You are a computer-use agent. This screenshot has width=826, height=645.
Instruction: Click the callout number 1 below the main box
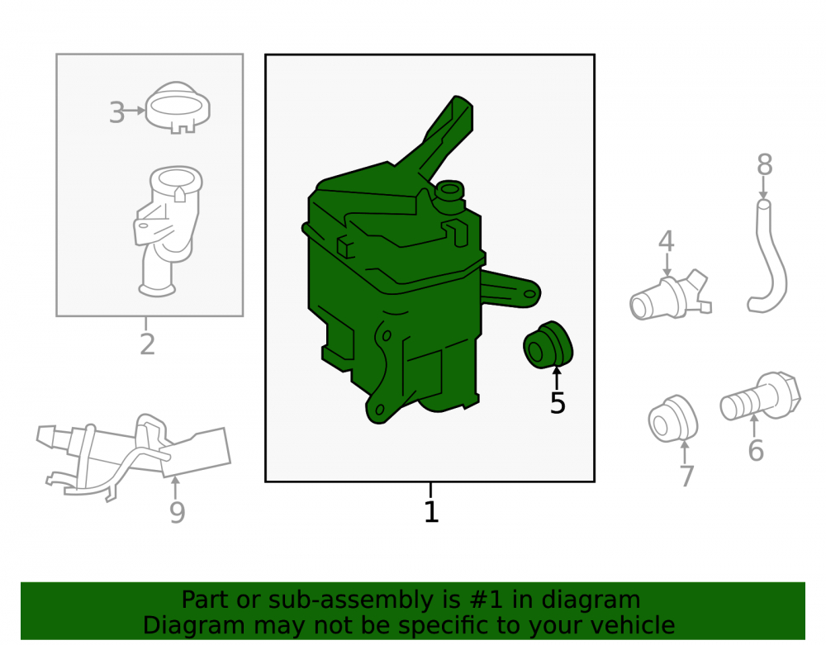pos(431,512)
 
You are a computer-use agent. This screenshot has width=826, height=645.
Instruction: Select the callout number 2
pos(148,344)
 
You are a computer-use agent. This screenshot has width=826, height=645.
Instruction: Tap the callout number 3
pos(116,112)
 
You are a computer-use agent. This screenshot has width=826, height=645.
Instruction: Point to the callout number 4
pos(667,240)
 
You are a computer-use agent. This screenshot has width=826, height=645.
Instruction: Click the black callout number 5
pos(558,403)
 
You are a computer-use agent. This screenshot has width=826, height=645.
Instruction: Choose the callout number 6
pos(756,450)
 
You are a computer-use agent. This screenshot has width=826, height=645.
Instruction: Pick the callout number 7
pos(686,476)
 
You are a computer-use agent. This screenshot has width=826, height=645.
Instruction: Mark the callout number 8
pos(764,164)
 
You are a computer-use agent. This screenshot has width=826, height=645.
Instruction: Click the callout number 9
pos(178,512)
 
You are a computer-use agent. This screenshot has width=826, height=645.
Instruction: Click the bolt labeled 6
pos(761,396)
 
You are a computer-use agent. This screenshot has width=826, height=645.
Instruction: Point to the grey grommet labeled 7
pos(672,419)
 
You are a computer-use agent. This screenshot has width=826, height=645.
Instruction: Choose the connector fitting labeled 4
pos(670,298)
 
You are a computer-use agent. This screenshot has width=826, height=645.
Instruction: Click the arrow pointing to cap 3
pos(135,111)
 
